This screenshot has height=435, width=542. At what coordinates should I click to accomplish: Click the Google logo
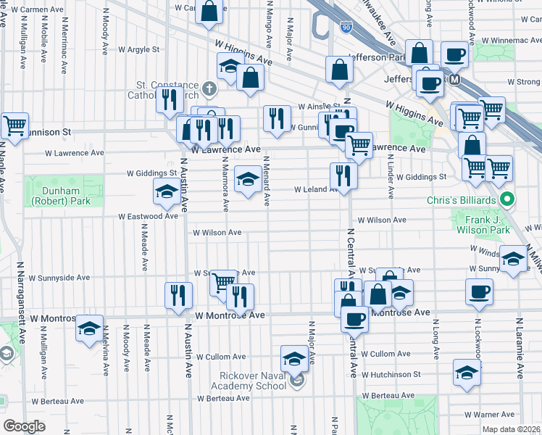pyautogui.click(x=25, y=426)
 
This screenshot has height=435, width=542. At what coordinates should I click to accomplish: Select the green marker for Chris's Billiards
pyautogui.click(x=508, y=199)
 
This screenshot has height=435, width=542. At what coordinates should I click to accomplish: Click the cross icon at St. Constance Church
pyautogui.click(x=209, y=90)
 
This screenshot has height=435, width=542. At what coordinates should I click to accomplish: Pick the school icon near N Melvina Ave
pyautogui.click(x=90, y=328)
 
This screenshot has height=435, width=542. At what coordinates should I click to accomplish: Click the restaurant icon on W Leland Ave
pyautogui.click(x=343, y=175)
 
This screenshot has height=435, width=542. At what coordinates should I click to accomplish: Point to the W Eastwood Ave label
pyautogui.click(x=149, y=216)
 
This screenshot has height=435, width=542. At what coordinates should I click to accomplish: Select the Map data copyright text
pyautogui.click(x=510, y=429)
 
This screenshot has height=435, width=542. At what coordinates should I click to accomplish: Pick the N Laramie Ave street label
pyautogui.click(x=520, y=348)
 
